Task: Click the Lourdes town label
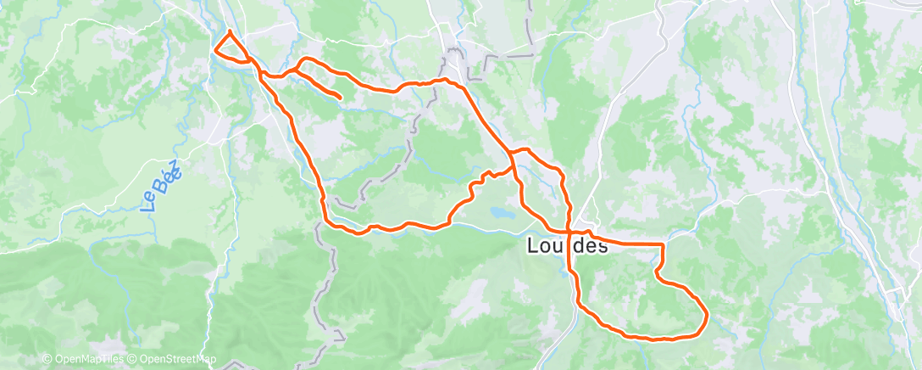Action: [x=567, y=247]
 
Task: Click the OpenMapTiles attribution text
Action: [x=88, y=359]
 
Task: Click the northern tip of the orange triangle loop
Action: [x=230, y=31]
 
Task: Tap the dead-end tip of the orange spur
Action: [x=340, y=98]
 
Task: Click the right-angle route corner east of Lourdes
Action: [x=662, y=244]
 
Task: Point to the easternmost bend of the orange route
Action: [x=707, y=317]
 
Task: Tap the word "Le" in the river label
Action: [x=150, y=200]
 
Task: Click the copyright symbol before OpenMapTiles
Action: [x=47, y=359]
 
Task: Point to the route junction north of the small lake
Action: [x=511, y=154]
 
